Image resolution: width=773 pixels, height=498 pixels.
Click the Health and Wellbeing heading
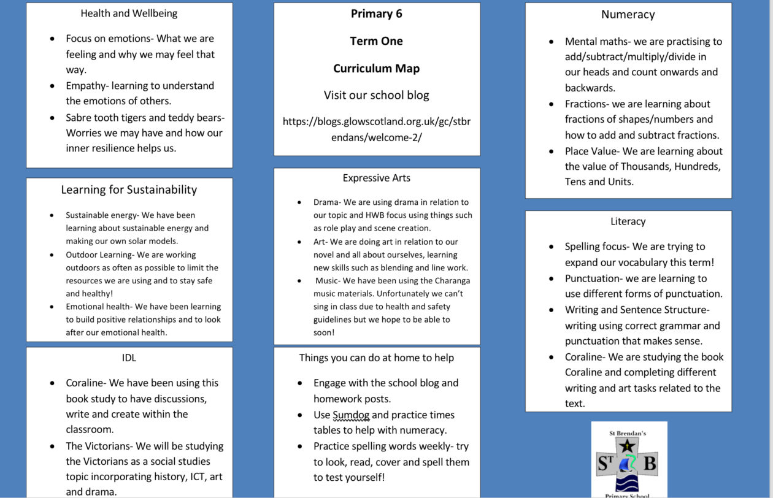pos(129,13)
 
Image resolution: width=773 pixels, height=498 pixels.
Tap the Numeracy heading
pos(628,15)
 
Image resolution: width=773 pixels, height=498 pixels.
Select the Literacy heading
pos(628,221)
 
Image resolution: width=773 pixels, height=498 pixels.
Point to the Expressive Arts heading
pos(377,178)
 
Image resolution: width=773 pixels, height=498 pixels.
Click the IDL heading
pos(129,358)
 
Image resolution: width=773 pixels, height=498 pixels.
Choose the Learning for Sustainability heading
pos(129,190)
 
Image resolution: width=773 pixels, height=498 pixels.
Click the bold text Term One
pos(377,41)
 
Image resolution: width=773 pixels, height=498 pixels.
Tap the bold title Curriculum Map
pos(377,68)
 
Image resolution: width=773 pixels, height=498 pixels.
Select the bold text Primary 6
pos(377,13)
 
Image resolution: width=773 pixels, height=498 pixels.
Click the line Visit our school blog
pos(377,95)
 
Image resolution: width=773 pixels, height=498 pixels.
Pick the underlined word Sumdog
pos(351,415)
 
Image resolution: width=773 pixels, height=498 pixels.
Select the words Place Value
pos(591,151)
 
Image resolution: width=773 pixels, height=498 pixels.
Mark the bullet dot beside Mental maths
pos(552,42)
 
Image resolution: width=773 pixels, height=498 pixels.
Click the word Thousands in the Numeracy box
pos(644,166)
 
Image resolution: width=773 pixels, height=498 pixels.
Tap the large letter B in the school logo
pos(648,463)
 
